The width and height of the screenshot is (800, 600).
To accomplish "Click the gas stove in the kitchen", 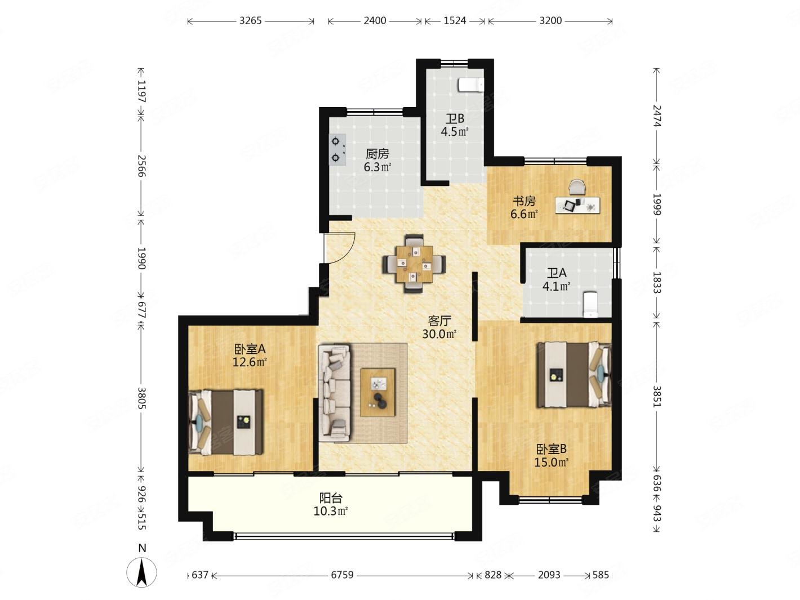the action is (x=337, y=150).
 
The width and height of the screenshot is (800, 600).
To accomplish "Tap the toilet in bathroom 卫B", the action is (x=471, y=85).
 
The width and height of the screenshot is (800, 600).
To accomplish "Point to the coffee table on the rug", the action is (x=377, y=392).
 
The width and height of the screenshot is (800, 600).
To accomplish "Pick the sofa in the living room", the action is (x=334, y=392).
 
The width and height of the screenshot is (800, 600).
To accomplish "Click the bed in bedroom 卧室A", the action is (x=225, y=423).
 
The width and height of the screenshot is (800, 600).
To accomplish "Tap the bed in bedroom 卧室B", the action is (x=574, y=374).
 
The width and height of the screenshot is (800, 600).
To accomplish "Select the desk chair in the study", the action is (x=577, y=187).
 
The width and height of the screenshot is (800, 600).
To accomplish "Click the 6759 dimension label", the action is (x=342, y=575).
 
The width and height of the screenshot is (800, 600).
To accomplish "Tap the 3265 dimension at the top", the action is (x=250, y=21).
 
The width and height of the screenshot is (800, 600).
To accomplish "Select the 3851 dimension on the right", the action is (x=656, y=396).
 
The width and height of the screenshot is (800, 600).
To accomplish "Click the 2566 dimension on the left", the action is (x=141, y=166).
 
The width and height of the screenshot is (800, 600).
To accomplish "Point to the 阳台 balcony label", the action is (x=331, y=497).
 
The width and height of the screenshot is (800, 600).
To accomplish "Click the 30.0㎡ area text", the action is (x=439, y=334).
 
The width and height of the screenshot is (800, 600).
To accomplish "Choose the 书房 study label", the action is (x=524, y=201).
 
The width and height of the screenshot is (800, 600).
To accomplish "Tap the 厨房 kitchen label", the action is (x=377, y=154).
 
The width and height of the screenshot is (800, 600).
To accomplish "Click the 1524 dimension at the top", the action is (x=455, y=21).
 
